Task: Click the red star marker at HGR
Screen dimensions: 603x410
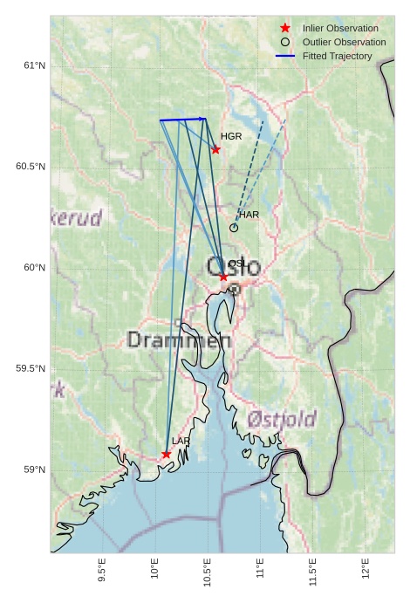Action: [215, 149]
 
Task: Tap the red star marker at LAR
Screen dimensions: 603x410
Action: [166, 454]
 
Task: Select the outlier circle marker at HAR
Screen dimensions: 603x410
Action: [234, 228]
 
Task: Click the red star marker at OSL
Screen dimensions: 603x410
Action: [223, 277]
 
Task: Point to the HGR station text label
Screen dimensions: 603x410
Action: [231, 137]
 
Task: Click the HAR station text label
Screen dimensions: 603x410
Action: [249, 215]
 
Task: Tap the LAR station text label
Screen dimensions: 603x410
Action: [181, 442]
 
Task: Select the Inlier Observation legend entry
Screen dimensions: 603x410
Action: [340, 28]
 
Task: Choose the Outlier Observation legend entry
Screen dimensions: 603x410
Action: [344, 42]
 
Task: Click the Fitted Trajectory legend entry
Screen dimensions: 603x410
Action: [337, 56]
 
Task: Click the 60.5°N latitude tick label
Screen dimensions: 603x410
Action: [29, 167]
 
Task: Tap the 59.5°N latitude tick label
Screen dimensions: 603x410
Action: [29, 369]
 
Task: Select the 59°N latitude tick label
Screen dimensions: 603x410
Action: [32, 470]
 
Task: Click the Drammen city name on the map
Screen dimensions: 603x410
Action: [178, 339]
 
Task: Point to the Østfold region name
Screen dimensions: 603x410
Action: [281, 420]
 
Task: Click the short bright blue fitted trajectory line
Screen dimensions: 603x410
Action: [182, 120]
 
